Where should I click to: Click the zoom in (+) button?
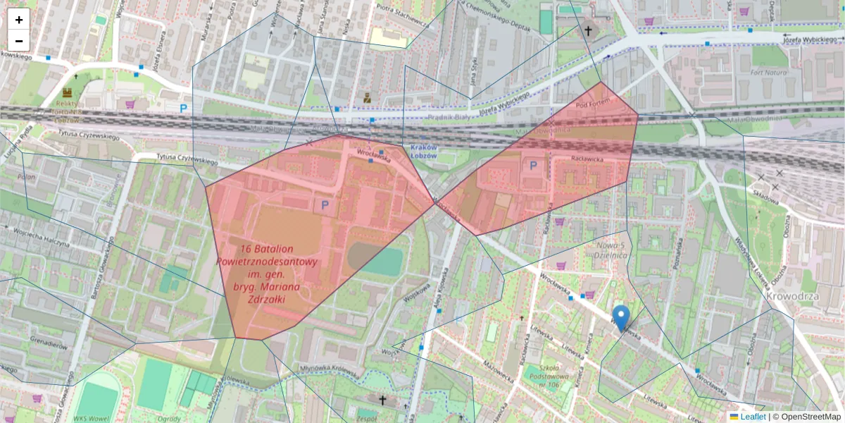tap(19, 20)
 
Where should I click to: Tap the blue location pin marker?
tap(620, 318)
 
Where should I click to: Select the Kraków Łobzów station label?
tap(423, 151)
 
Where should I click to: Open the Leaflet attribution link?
tap(752, 417)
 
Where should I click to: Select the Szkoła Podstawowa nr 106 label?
tap(549, 374)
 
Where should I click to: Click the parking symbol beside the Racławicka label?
tap(533, 165)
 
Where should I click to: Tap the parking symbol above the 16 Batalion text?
tap(325, 205)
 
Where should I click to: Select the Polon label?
tap(26, 177)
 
